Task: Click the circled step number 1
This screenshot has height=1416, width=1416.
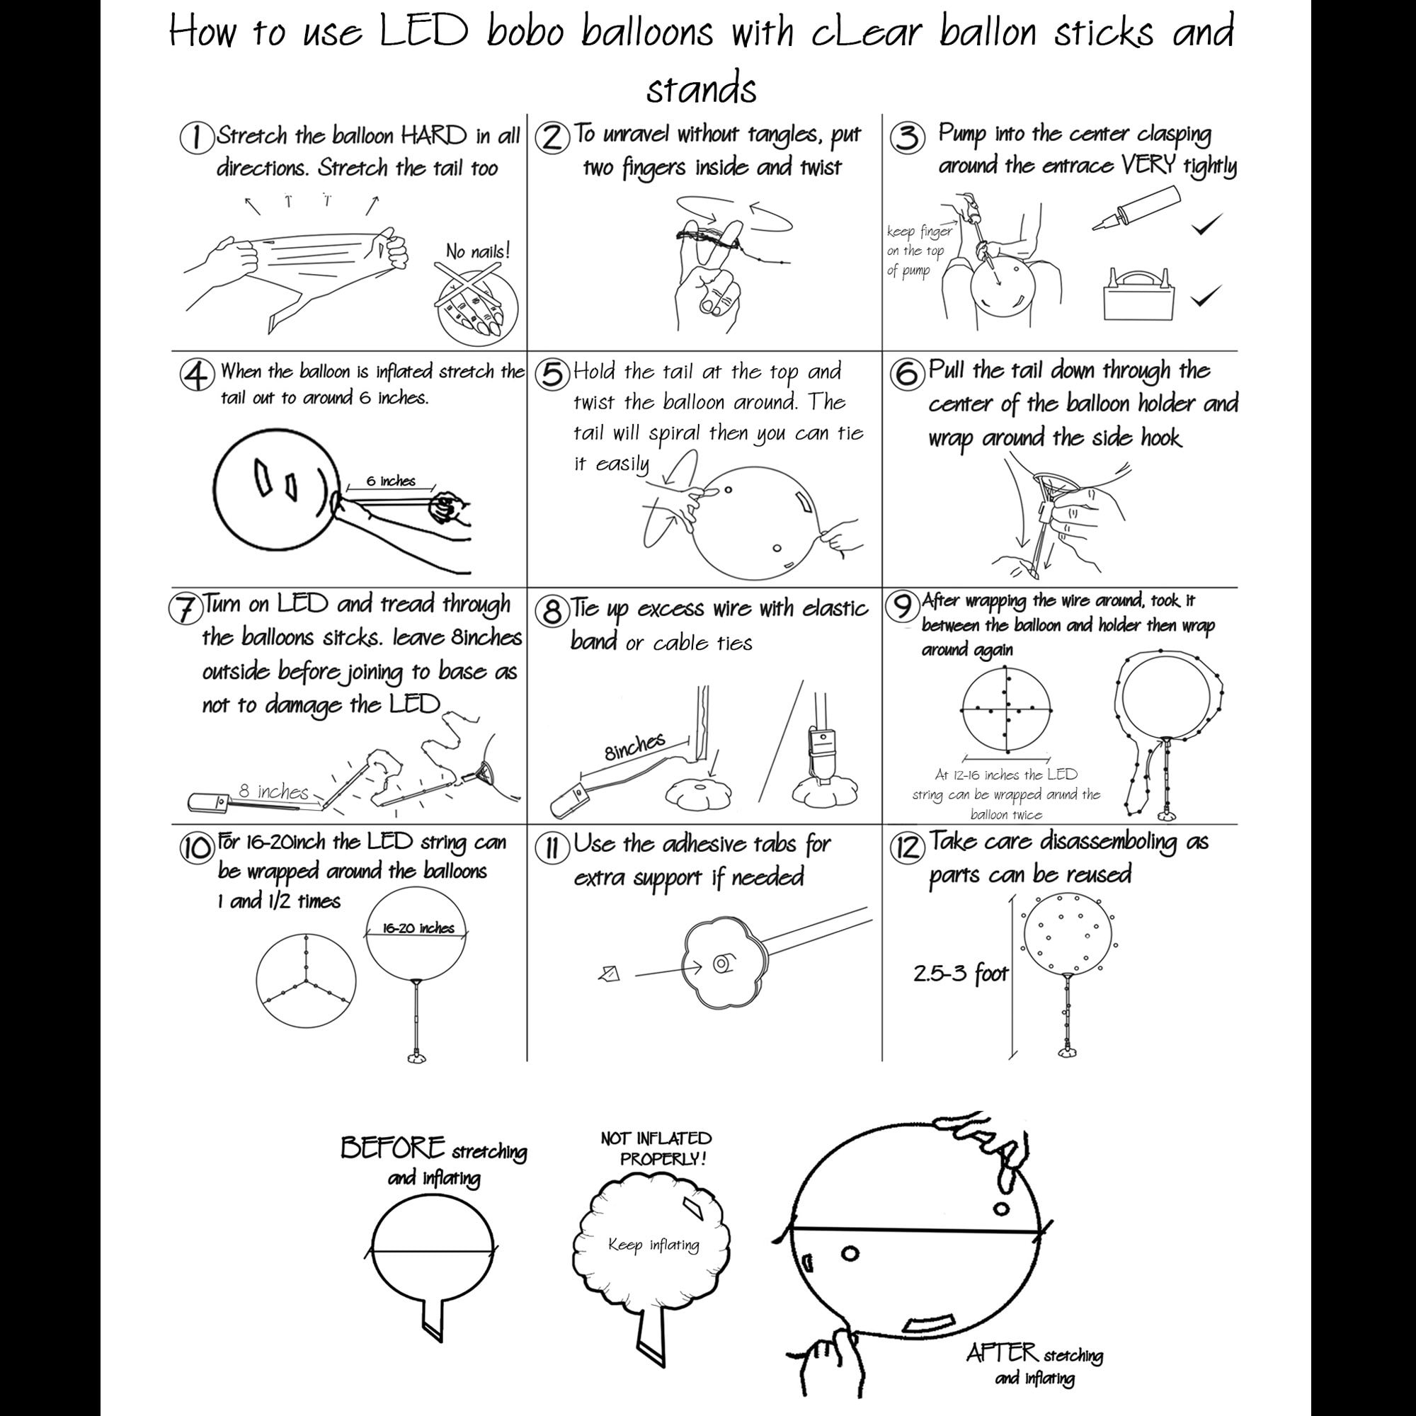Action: pyautogui.click(x=195, y=139)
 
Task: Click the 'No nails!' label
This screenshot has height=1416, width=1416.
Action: pyautogui.click(x=478, y=251)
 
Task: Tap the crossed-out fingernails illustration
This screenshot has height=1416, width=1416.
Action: pyautogui.click(x=476, y=302)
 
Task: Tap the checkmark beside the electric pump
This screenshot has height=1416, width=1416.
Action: pyautogui.click(x=1206, y=296)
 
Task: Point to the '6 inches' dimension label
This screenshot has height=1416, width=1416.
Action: pyautogui.click(x=391, y=481)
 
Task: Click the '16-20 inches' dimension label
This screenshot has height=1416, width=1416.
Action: pyautogui.click(x=418, y=928)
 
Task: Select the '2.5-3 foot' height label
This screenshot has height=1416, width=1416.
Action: pyautogui.click(x=961, y=974)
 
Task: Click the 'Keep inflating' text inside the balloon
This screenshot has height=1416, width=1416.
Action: pyautogui.click(x=653, y=1245)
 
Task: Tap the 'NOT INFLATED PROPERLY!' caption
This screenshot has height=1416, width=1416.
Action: pyautogui.click(x=657, y=1148)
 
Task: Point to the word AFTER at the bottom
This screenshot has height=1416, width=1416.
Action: pyautogui.click(x=1001, y=1353)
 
